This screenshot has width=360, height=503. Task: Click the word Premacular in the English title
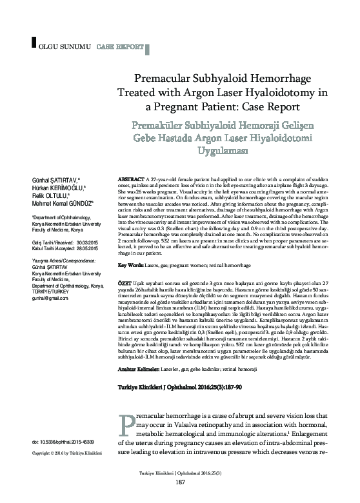tap(163, 79)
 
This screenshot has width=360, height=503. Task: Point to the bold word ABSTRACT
tap(131, 177)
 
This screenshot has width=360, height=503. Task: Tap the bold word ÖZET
tap(123, 284)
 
